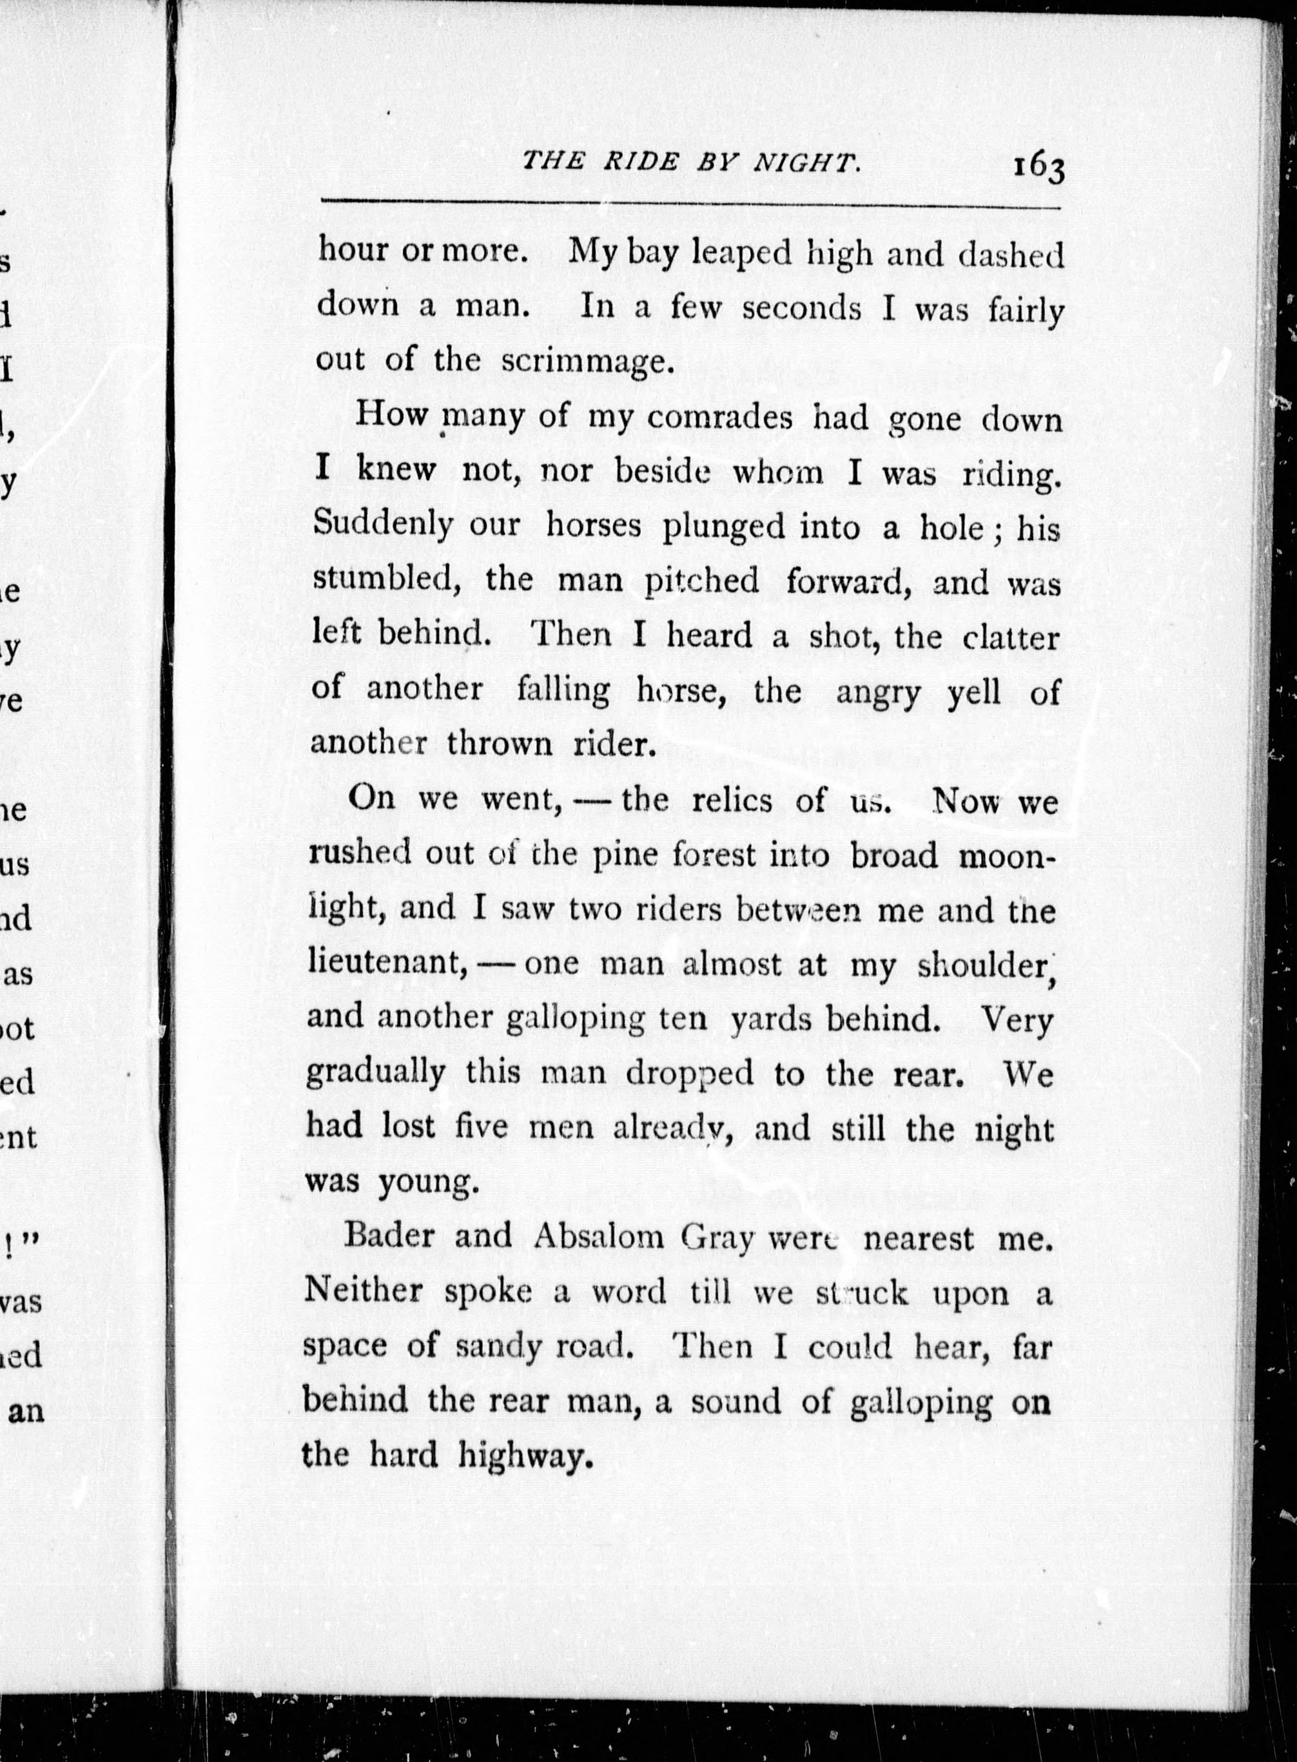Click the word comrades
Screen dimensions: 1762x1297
[x=721, y=417]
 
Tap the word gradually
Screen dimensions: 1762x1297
[x=375, y=1074]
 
